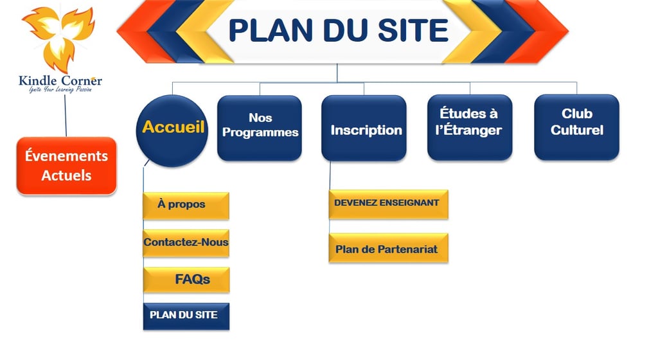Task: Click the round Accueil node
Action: point(172,131)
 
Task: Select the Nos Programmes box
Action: point(260,128)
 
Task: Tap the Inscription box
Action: point(364,128)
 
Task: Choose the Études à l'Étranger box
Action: point(470,127)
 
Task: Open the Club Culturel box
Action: point(576,127)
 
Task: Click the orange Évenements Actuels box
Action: point(66,166)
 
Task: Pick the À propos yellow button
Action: point(186,206)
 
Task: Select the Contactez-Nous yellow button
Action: point(186,243)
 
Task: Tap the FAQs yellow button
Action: point(186,280)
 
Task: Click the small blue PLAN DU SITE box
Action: point(186,316)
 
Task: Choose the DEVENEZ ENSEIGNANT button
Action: point(388,204)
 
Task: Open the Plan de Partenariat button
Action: point(388,248)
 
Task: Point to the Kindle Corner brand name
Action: point(60,80)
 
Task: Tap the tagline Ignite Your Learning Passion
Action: point(60,89)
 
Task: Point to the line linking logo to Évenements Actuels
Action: point(66,115)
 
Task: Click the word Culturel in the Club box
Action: point(577,130)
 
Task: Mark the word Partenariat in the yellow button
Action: point(407,249)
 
